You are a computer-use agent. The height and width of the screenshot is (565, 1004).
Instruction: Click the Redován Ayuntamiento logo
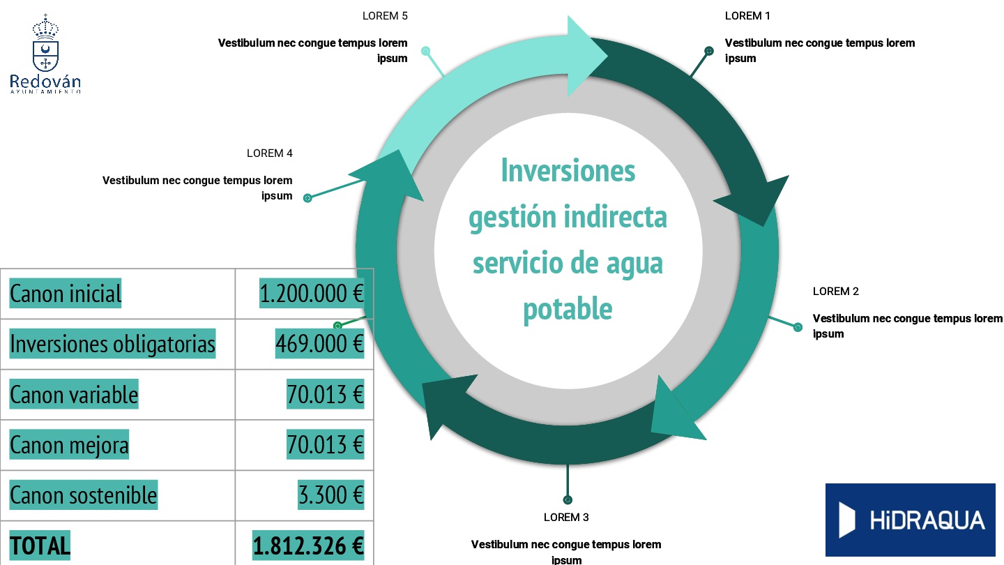[x=46, y=54]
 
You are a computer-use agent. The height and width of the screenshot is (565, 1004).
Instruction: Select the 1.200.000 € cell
[x=312, y=294]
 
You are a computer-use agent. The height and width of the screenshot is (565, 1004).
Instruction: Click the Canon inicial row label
[x=66, y=294]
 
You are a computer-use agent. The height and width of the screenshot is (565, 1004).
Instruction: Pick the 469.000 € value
[x=319, y=344]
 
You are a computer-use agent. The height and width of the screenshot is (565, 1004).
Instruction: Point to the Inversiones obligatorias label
[x=112, y=344]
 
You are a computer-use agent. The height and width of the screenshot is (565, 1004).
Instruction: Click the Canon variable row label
[x=74, y=395]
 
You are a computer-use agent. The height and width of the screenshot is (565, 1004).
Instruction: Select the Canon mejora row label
[x=69, y=445]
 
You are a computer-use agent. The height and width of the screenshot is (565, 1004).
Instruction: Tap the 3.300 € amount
[x=330, y=495]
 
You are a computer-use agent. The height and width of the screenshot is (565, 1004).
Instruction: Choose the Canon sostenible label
[x=83, y=495]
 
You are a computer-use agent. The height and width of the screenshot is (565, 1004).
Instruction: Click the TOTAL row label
[x=40, y=545]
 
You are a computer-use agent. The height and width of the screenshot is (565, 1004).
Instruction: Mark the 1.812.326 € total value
[x=308, y=545]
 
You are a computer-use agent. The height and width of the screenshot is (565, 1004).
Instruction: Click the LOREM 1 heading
[x=747, y=16]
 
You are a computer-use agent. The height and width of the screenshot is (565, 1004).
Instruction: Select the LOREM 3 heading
[x=566, y=518]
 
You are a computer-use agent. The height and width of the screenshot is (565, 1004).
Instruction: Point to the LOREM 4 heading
[x=269, y=153]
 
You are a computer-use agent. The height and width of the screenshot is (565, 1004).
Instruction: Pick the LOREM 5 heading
[x=385, y=16]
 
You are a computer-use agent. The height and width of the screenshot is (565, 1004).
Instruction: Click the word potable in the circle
[x=568, y=309]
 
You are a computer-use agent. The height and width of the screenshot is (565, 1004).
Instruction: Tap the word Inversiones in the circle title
[x=568, y=171]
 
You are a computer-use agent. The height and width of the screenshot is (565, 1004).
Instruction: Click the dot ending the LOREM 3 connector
[x=568, y=499]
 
